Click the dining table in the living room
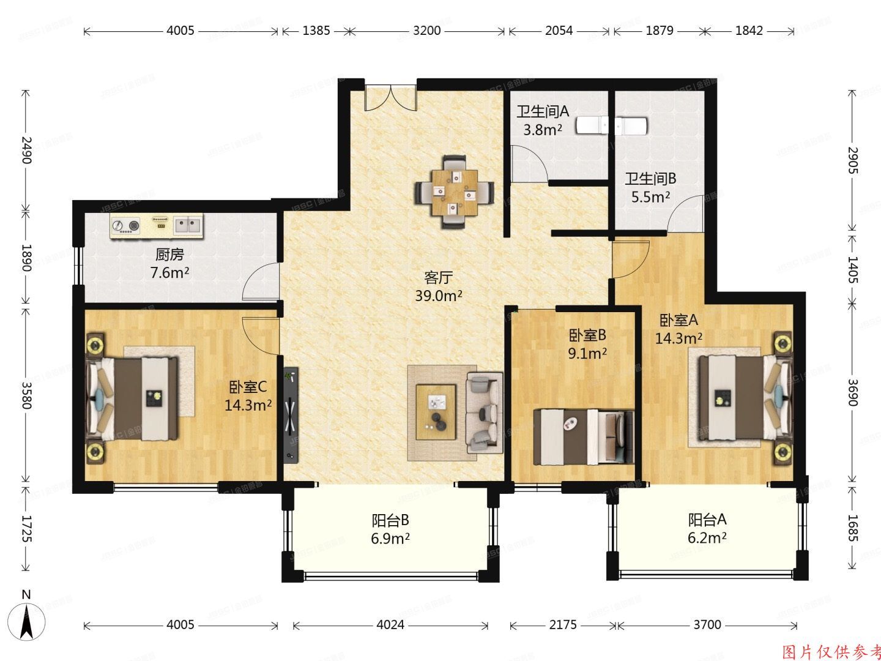pos(454,192)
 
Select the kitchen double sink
pos(188,226)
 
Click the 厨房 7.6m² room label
pos(169,264)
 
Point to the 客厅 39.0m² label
pos(438,286)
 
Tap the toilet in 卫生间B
pos(631,125)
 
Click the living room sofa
pos(485,412)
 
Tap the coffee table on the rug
pos(436,411)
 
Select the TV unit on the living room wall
pos(291,413)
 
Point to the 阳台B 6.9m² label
pos(390,529)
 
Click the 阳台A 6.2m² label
pos(707,529)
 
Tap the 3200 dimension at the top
pos(426,30)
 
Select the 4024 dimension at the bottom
pos(390,625)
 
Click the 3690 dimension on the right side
pos(854,392)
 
